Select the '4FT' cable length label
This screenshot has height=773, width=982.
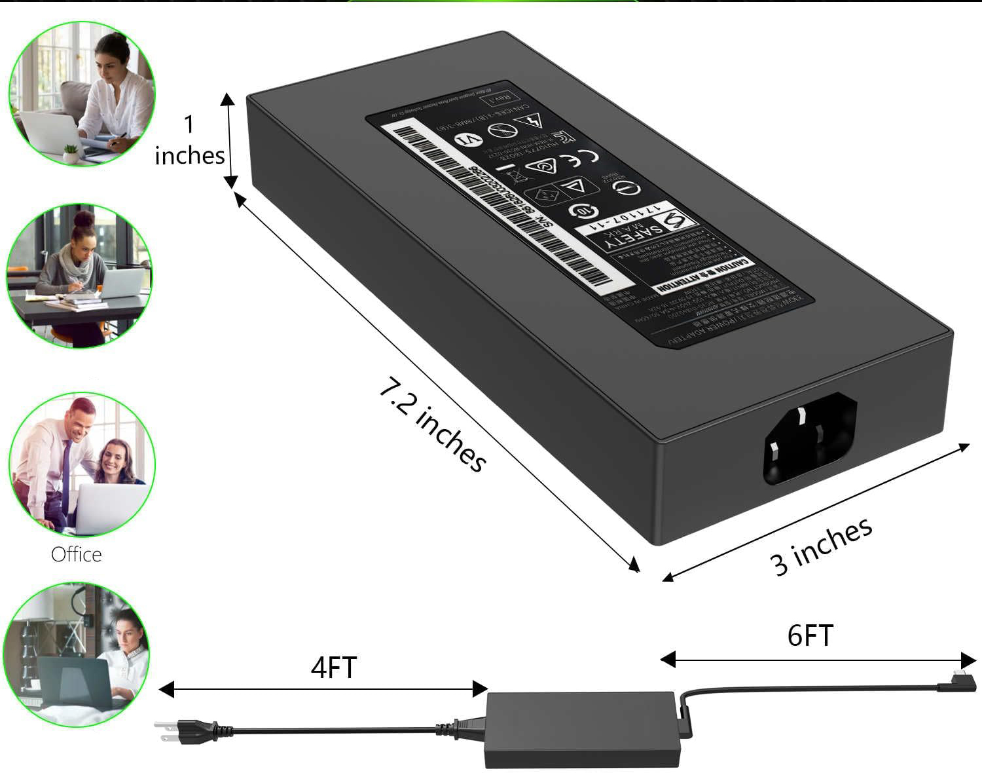coord(333,668)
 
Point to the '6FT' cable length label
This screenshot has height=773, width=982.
coord(810,635)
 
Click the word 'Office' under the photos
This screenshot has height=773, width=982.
coord(77,554)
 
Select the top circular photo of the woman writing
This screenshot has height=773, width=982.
coord(82,93)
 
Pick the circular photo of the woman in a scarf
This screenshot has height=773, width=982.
coord(79,275)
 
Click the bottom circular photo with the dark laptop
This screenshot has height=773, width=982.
coord(77,655)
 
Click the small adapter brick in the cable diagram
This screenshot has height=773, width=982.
coord(581,729)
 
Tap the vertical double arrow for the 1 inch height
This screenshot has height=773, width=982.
coord(228,139)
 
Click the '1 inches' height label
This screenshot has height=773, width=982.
coord(189,140)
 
